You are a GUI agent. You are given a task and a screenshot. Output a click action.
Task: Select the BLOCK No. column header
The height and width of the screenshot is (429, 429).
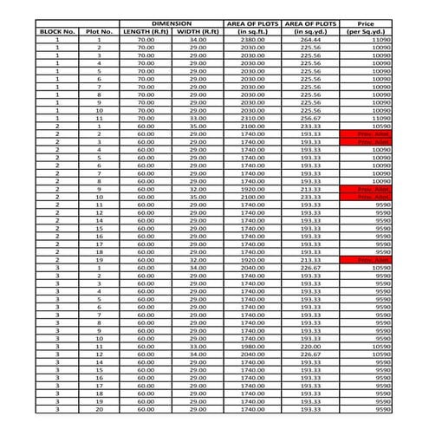coord(57,31)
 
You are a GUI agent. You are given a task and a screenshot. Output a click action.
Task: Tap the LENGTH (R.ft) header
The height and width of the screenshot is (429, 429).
coord(145,31)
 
